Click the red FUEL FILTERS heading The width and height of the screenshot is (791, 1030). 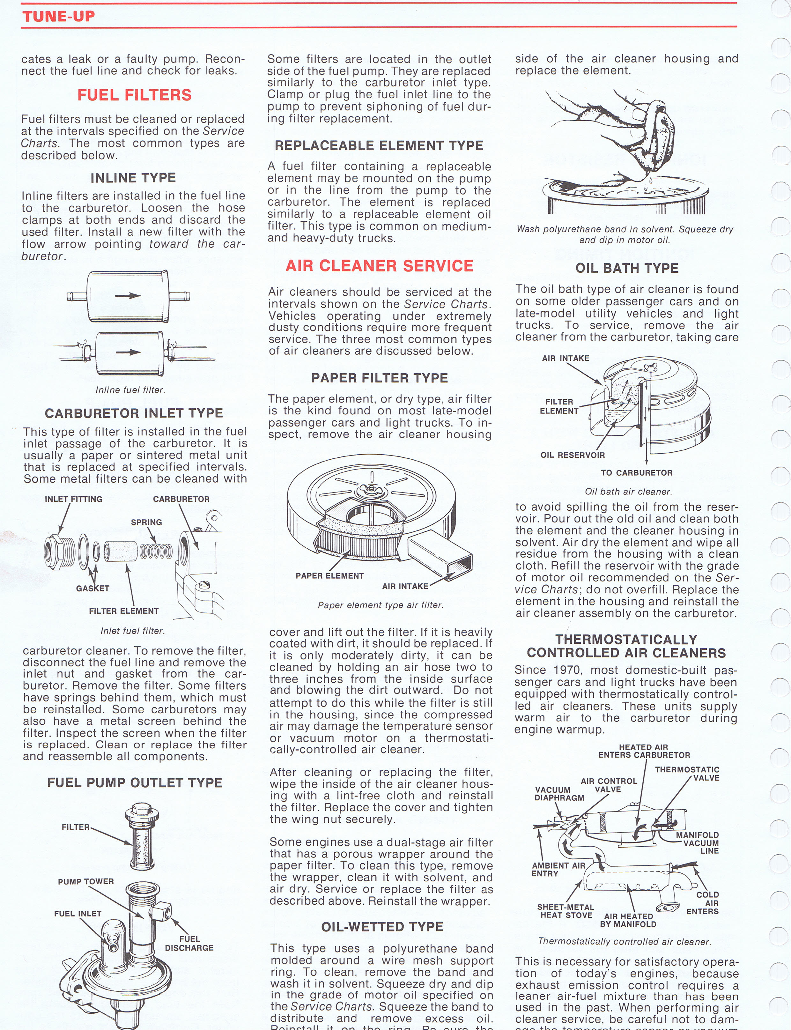134,95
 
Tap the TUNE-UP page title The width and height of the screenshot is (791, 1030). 58,17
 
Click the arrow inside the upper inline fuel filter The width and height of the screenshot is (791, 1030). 128,296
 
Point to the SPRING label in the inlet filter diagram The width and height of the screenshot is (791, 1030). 146,522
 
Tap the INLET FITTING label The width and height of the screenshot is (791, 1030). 73,499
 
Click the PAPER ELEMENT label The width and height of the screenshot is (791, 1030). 329,576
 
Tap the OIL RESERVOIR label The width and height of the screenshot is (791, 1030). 573,455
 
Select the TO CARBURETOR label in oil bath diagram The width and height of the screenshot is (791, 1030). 637,473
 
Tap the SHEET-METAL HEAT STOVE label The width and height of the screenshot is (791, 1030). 566,911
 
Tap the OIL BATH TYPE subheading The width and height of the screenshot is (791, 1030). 627,268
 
